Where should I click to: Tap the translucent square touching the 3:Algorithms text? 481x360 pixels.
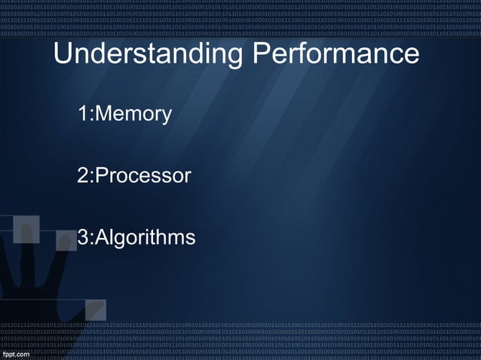(x=66, y=240)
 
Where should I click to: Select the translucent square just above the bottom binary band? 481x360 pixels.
(x=96, y=310)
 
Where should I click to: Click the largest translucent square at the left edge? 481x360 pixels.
(x=26, y=229)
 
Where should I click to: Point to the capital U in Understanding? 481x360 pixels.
(x=64, y=54)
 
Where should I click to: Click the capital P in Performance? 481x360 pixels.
(x=261, y=54)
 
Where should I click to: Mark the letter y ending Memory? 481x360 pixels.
(x=167, y=117)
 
